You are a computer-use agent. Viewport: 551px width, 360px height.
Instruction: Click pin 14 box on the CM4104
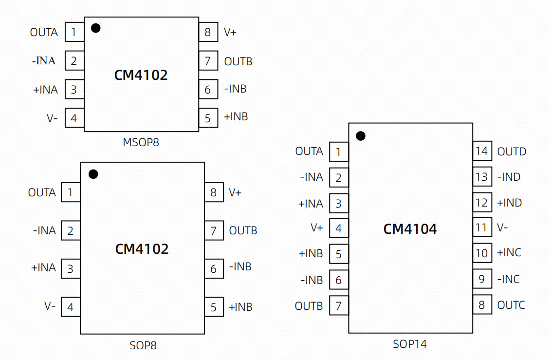coord(482,151)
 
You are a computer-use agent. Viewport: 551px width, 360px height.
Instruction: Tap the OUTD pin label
coord(512,152)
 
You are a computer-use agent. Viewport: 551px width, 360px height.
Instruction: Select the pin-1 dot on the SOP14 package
coord(361,136)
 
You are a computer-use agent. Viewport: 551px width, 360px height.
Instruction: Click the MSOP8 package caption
coord(141,142)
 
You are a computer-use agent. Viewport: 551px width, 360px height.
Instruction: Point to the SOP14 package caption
coord(410,344)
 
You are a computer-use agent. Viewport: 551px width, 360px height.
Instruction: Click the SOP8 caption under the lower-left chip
coord(143,345)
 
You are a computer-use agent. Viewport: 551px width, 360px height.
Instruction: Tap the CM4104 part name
coord(410,229)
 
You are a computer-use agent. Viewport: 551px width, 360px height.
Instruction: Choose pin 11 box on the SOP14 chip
coord(482,228)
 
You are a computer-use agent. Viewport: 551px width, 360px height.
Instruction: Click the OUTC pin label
coord(511,305)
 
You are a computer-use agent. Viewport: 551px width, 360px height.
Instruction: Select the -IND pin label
coord(509,177)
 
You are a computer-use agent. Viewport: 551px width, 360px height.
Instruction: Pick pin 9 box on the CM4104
coord(482,279)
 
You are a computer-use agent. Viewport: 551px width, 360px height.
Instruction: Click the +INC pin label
coord(509,252)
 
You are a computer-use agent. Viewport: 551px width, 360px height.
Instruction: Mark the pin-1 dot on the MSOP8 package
coord(95,28)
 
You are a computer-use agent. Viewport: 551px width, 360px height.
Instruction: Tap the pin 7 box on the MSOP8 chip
coord(208,61)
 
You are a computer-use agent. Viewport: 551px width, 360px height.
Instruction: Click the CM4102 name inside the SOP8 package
coord(142,249)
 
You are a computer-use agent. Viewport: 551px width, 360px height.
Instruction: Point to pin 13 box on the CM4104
coord(482,176)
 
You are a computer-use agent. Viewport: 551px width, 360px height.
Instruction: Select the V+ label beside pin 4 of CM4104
coord(316,228)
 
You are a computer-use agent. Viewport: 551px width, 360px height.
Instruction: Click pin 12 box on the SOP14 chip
coord(482,202)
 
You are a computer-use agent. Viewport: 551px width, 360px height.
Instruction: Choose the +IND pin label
coord(509,203)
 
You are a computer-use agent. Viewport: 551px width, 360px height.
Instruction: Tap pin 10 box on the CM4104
coord(482,253)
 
